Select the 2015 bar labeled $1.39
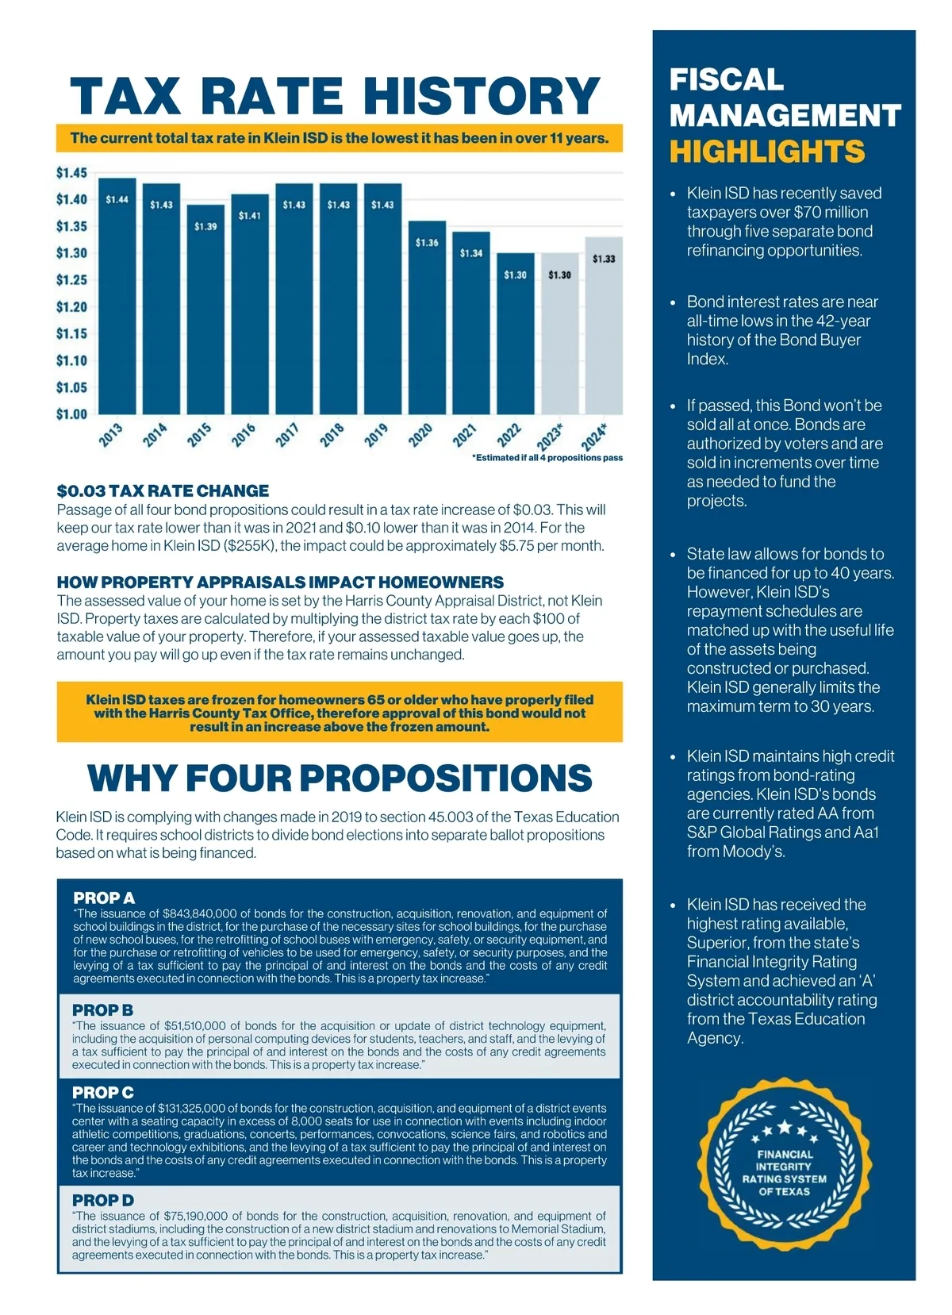click(x=205, y=309)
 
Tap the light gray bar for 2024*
click(x=604, y=325)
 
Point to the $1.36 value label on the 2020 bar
click(x=427, y=243)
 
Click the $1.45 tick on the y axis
click(x=71, y=172)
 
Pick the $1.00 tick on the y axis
click(x=71, y=413)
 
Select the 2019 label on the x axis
click(x=376, y=435)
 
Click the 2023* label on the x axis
click(x=550, y=436)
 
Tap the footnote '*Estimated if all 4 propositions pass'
click(x=547, y=458)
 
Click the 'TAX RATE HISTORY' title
click(x=335, y=95)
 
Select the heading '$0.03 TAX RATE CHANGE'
click(x=163, y=490)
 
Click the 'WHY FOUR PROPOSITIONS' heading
click(x=340, y=778)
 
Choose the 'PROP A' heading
click(x=104, y=898)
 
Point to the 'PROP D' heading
click(x=103, y=1200)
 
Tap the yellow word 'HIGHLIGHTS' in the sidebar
click(x=766, y=151)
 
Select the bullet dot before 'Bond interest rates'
click(x=674, y=302)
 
